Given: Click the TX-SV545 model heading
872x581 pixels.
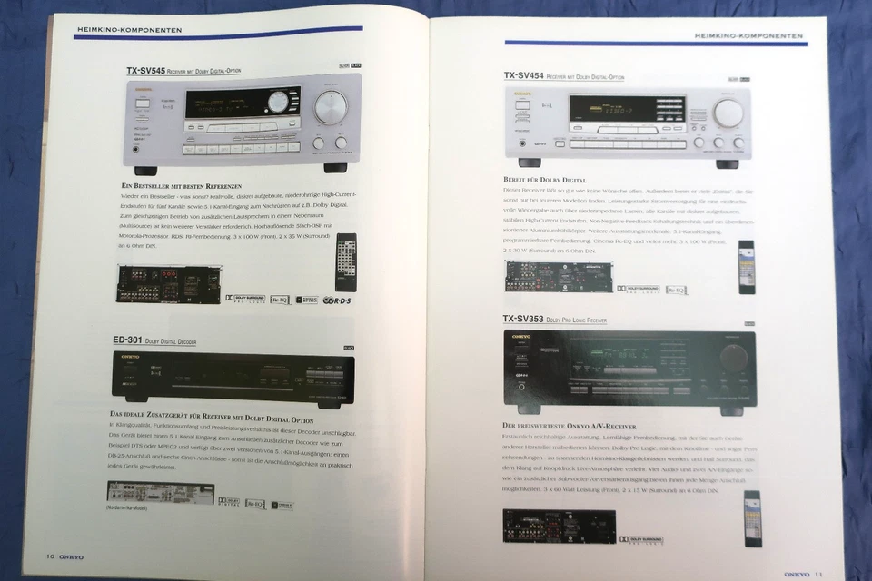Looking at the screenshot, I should tap(145, 70).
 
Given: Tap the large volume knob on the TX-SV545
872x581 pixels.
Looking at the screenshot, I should tap(330, 108).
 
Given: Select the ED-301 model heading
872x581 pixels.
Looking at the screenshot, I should tap(130, 340).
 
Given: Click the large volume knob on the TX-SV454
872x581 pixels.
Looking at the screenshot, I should tap(728, 113).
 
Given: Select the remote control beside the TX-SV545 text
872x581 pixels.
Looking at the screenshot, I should tap(346, 262).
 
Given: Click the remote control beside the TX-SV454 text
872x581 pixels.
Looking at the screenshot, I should tap(746, 267).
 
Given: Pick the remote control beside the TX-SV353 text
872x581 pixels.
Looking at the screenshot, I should tap(753, 517).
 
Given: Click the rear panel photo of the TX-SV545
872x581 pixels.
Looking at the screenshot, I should tap(168, 283).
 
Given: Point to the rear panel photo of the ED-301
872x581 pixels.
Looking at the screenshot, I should tap(160, 493).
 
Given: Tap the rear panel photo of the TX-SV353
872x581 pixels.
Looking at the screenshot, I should tap(559, 526).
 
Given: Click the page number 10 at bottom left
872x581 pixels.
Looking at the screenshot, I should tap(54, 556).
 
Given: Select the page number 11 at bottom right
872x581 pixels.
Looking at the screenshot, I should tap(818, 573).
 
